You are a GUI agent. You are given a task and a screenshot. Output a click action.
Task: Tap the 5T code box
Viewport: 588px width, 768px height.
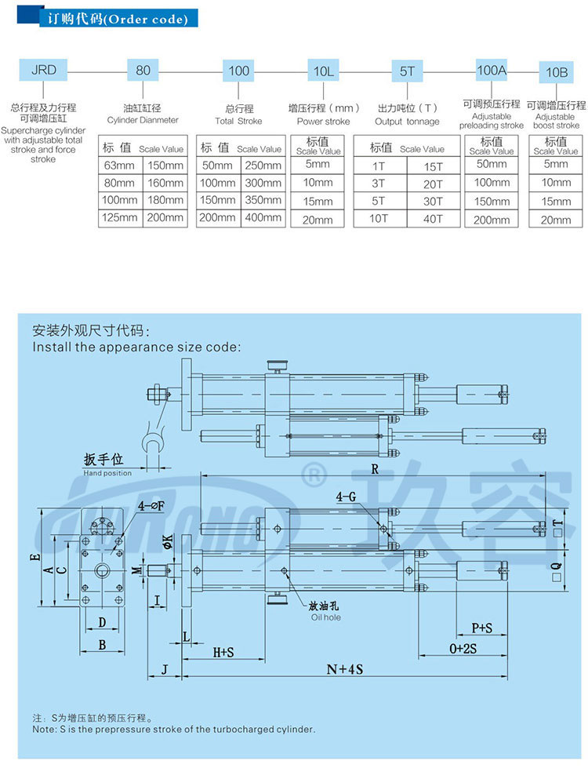407,71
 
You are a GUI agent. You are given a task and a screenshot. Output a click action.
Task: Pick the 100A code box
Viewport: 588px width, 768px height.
492,70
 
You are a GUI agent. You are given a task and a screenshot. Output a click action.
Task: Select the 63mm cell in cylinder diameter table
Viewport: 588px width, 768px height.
120,165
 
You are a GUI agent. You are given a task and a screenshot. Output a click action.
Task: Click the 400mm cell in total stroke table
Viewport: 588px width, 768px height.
263,217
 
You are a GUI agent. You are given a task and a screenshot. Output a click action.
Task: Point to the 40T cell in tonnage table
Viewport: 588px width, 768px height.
434,217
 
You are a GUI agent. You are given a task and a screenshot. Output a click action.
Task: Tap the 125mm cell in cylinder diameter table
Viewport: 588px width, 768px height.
120,217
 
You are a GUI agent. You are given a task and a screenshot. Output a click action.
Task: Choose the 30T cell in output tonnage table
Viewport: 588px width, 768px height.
434,200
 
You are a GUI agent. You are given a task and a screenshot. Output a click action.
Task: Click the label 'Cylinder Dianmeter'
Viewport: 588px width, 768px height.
143,121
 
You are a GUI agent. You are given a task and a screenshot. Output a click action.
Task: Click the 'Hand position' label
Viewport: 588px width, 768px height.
107,473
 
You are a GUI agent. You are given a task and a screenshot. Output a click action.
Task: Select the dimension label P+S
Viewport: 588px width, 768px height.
481,628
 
